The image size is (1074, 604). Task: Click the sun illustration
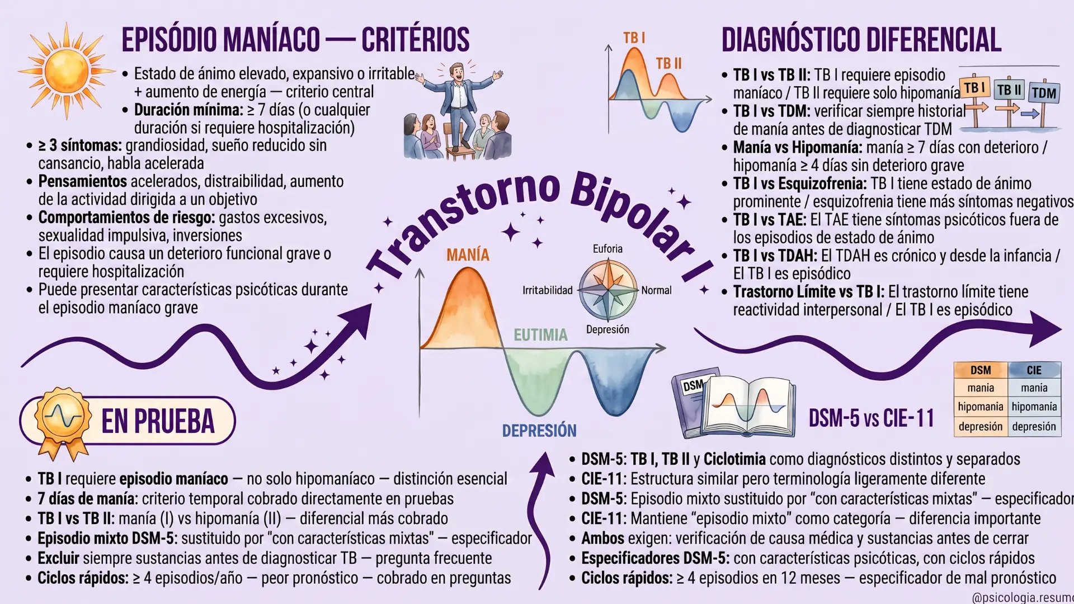[67, 71]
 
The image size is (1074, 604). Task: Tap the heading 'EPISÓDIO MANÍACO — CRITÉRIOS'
[295, 40]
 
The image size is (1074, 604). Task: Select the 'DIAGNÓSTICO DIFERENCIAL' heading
[861, 40]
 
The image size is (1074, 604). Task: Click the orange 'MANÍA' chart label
[468, 255]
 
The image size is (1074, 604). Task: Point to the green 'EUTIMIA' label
[540, 335]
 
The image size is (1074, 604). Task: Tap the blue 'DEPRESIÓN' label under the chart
[539, 431]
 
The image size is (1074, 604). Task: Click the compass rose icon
[607, 290]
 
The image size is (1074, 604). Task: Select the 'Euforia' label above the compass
[607, 249]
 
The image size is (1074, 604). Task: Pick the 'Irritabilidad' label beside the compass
[548, 290]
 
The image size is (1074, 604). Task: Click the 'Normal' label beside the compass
[656, 290]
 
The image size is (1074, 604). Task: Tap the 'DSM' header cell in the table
[981, 370]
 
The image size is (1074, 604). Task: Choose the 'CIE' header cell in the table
[1034, 370]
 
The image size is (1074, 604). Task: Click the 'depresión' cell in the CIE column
[1034, 427]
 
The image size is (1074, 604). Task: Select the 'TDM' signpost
[1044, 93]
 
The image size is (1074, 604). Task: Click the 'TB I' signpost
[974, 88]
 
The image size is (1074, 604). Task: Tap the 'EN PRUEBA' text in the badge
[158, 421]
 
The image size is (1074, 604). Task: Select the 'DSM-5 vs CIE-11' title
[872, 418]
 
